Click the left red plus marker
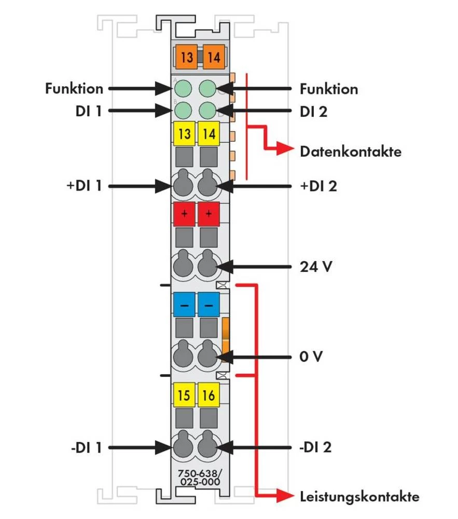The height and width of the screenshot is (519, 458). tap(184, 214)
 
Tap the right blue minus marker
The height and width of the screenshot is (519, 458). tap(209, 306)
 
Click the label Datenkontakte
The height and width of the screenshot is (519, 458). tap(351, 152)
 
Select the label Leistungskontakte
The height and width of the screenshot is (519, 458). tap(359, 497)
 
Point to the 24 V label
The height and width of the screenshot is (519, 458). tap(316, 267)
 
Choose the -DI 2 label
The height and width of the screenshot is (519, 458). tap(316, 447)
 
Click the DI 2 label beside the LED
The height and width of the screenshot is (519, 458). tap(314, 111)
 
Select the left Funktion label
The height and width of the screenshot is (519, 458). tap(74, 89)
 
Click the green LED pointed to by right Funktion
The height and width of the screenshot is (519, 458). tap(207, 88)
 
